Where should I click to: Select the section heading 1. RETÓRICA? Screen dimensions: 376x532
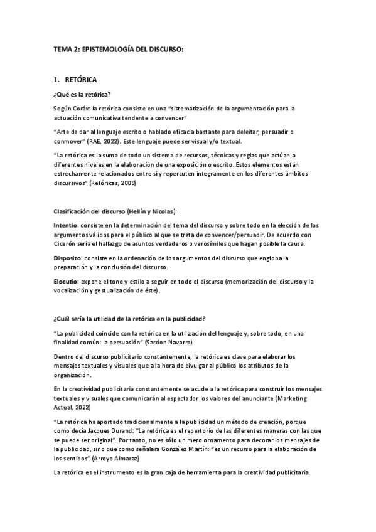coord(75,80)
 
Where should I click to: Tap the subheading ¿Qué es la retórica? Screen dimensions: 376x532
coord(82,95)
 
